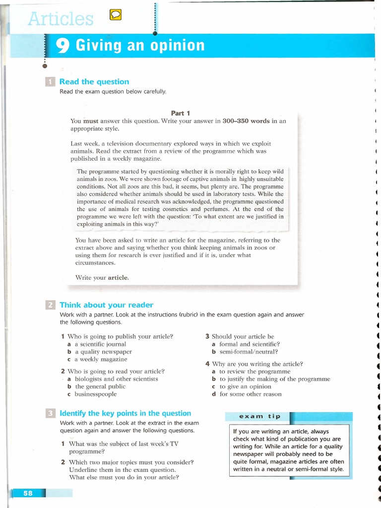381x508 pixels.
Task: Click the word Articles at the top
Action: click(61, 19)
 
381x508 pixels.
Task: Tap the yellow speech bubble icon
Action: click(115, 16)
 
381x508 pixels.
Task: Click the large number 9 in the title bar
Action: click(63, 46)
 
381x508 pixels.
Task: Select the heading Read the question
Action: click(94, 82)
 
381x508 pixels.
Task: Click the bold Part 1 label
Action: click(181, 113)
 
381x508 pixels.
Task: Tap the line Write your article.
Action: click(102, 278)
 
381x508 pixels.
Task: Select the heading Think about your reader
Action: click(106, 305)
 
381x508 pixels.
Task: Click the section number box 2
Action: click(50, 305)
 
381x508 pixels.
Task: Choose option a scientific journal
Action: click(100, 344)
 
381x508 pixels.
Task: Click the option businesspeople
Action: click(95, 394)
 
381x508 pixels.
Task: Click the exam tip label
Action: click(259, 416)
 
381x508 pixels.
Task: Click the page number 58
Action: click(28, 493)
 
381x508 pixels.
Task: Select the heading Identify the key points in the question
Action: click(125, 413)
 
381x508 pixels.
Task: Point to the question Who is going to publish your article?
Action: click(120, 336)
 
